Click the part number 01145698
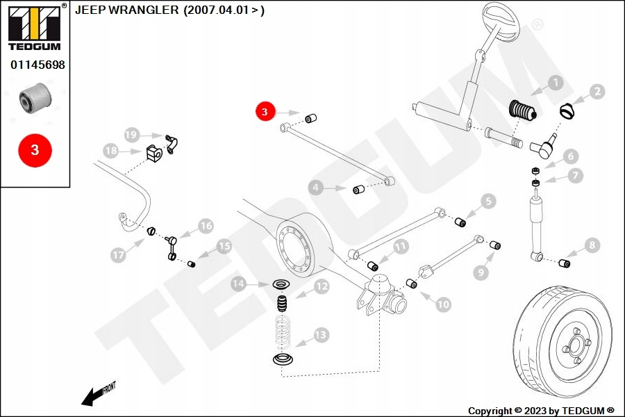[37, 65]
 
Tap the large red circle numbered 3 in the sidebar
[35, 150]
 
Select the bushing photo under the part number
[35, 98]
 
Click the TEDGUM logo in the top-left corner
[35, 27]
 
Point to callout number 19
[131, 135]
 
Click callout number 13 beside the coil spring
[321, 334]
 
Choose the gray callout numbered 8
[592, 245]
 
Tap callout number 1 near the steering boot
[556, 83]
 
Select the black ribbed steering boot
[522, 110]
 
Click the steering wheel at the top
[501, 22]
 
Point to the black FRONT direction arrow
[92, 398]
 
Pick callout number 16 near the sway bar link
[206, 226]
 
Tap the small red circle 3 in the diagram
[265, 111]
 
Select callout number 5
[489, 201]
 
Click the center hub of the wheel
[576, 343]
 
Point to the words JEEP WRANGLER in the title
[127, 10]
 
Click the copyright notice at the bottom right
[541, 411]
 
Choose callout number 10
[443, 304]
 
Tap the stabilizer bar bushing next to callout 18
[154, 152]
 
